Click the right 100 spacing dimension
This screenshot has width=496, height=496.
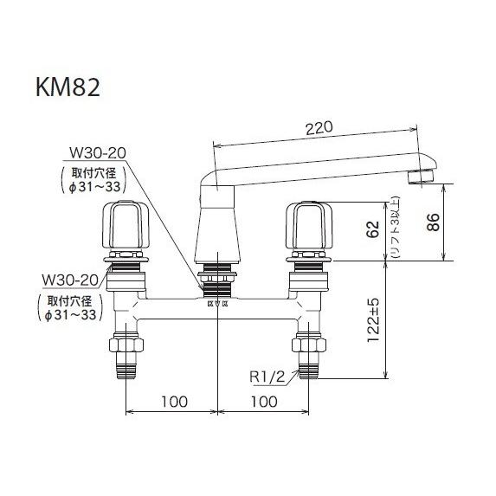coord(262,403)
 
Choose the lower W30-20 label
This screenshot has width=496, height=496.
coord(68,280)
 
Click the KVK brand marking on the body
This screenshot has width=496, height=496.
coord(218,304)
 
